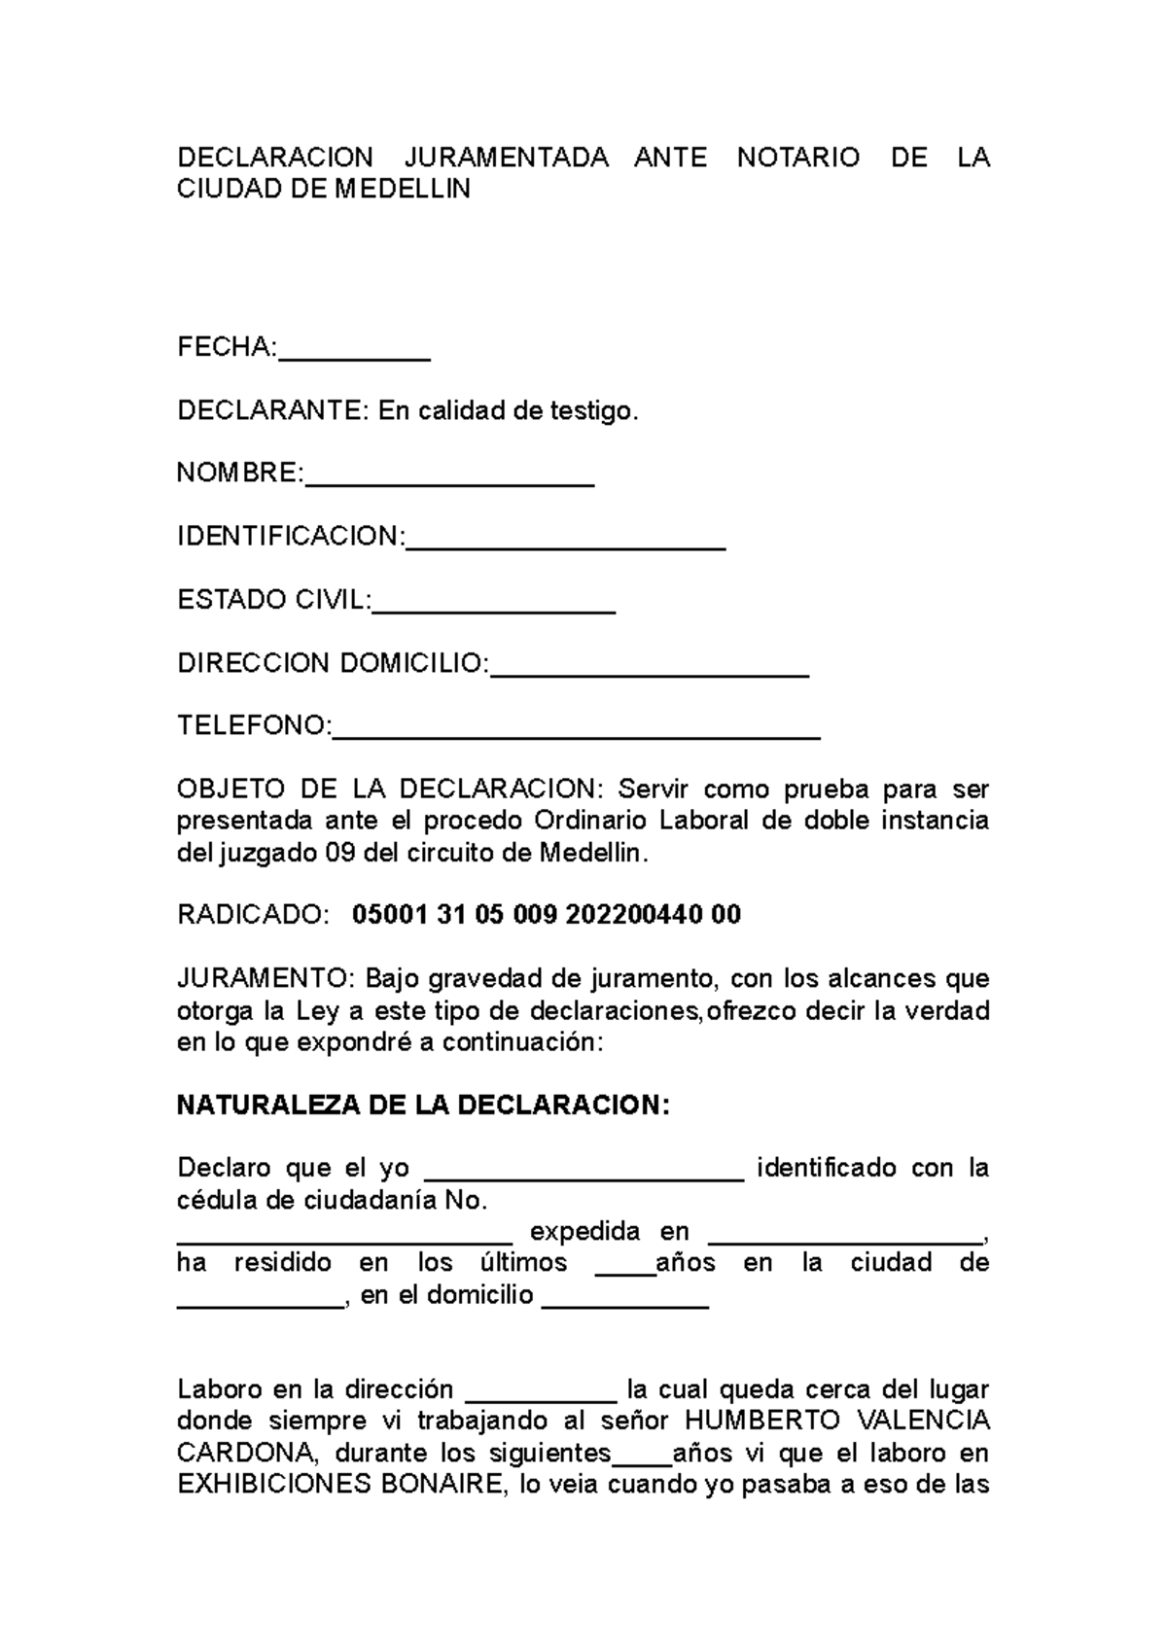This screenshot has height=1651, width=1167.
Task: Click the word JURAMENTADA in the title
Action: [506, 158]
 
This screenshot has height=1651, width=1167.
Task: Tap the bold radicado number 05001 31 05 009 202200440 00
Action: [546, 915]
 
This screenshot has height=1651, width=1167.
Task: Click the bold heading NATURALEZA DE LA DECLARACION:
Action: [423, 1106]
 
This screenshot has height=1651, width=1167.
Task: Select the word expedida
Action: [584, 1232]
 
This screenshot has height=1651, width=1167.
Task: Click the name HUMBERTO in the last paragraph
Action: [754, 1422]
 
